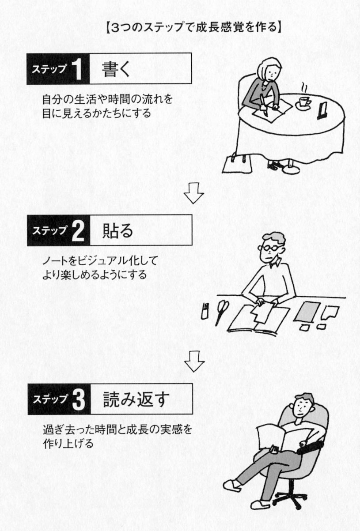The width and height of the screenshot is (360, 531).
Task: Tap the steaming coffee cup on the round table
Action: [304, 101]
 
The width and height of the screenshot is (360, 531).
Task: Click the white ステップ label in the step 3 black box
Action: [48, 400]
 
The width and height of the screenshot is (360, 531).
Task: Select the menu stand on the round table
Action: [322, 110]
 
